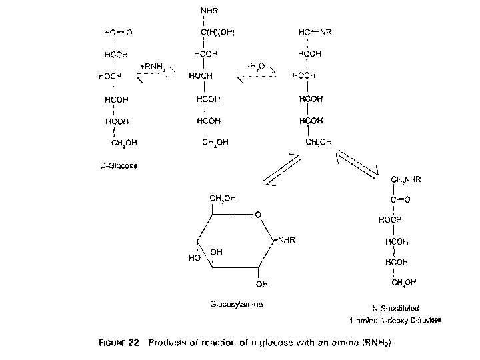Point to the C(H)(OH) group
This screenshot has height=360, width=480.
(x=217, y=32)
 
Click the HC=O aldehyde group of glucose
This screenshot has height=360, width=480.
(x=117, y=32)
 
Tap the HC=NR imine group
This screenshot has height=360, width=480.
(x=316, y=32)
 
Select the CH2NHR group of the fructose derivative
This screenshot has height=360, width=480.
(x=405, y=179)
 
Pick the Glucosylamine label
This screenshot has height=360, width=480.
(x=236, y=304)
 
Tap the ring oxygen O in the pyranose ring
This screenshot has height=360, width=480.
(x=258, y=215)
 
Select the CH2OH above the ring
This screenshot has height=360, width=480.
(x=222, y=198)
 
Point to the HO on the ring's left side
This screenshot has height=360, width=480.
(x=194, y=258)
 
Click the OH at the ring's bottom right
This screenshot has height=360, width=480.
(x=262, y=284)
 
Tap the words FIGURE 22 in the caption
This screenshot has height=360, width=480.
(x=118, y=343)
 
